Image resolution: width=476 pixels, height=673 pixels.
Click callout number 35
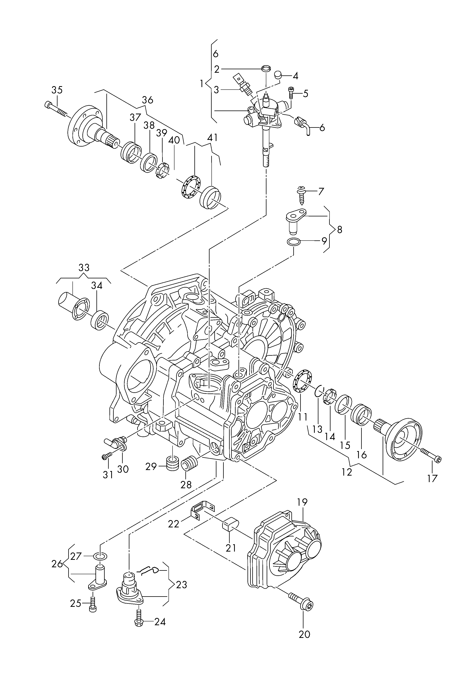click(57, 90)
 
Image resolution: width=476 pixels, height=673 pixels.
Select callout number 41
click(212, 138)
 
